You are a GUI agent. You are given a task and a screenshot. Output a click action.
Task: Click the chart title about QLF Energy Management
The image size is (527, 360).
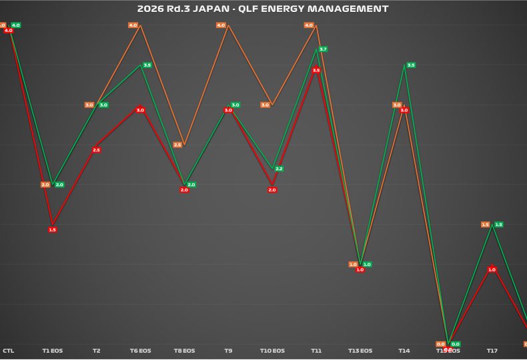click(x=263, y=9)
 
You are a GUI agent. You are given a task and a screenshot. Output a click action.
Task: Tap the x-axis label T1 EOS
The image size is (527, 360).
click(x=53, y=351)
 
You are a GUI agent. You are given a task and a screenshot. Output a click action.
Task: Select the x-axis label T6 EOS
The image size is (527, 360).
click(x=140, y=351)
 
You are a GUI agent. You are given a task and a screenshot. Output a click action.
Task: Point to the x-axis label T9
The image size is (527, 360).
click(x=228, y=351)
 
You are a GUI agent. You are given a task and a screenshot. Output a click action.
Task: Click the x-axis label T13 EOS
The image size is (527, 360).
click(x=360, y=351)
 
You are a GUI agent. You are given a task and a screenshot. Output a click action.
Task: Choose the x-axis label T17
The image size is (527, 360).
click(x=492, y=351)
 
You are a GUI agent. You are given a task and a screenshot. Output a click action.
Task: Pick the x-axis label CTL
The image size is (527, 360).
click(x=9, y=351)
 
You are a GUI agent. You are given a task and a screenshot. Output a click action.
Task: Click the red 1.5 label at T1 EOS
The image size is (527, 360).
click(x=53, y=229)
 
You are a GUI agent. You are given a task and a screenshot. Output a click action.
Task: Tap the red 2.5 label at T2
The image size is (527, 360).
click(x=96, y=150)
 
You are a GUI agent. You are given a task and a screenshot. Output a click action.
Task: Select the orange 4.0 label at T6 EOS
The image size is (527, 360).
click(x=133, y=25)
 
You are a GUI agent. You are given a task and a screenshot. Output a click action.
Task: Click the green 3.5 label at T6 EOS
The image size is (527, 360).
click(x=147, y=65)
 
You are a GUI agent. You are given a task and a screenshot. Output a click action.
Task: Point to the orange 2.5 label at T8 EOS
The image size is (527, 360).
click(x=177, y=145)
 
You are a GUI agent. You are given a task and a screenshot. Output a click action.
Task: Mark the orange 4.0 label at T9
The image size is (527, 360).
click(x=221, y=25)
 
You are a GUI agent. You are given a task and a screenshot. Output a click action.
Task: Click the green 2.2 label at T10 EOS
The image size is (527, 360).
click(x=279, y=169)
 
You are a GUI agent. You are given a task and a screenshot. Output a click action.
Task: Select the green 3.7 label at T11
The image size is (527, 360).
click(x=323, y=49)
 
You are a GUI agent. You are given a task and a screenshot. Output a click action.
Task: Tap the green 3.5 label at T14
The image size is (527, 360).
click(x=411, y=65)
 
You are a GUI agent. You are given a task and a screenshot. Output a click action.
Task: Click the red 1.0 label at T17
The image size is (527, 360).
click(x=492, y=269)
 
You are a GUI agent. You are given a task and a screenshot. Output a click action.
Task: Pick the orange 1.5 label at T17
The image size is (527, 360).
click(x=485, y=225)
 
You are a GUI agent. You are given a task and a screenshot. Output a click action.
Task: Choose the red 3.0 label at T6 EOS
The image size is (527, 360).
click(x=140, y=110)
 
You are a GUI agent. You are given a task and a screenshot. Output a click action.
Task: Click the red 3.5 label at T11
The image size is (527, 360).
click(x=316, y=70)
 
